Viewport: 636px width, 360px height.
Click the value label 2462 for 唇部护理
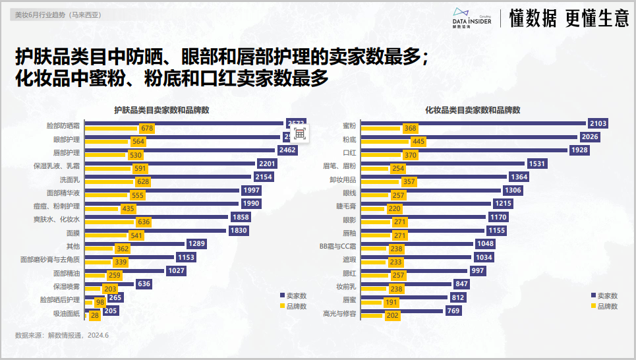(x=288, y=150)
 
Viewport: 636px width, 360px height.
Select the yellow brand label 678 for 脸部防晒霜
(x=146, y=129)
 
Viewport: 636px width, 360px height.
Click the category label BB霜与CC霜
(x=337, y=245)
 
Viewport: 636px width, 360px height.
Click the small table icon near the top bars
(x=299, y=133)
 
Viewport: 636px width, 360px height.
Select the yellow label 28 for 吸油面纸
(x=95, y=316)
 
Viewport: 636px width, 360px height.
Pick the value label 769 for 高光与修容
(x=453, y=311)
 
